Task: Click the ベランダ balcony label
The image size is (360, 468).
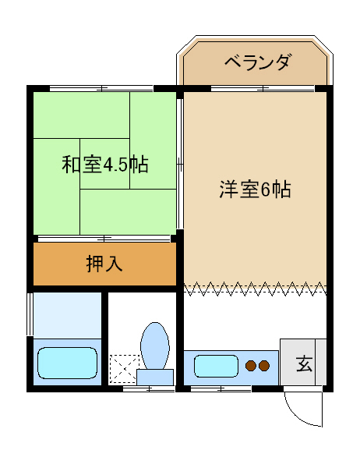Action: (x=257, y=62)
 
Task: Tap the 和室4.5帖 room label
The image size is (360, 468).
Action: (x=105, y=165)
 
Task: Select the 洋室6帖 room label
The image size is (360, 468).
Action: (x=255, y=190)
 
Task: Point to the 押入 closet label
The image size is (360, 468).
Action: (x=104, y=264)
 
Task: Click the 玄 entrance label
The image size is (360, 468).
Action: (x=303, y=363)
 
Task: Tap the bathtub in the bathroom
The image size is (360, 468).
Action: (x=67, y=363)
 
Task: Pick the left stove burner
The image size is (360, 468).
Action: (x=251, y=365)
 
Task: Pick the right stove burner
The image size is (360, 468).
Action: (x=265, y=365)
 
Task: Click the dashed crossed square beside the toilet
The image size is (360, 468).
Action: (x=123, y=369)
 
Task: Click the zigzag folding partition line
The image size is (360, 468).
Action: (x=255, y=289)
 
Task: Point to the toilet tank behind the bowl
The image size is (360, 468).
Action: (x=155, y=377)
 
